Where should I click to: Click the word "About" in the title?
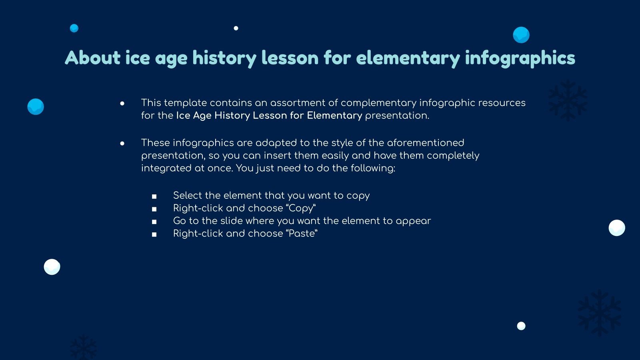click(92, 58)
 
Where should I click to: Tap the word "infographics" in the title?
click(520, 58)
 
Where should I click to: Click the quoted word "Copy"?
click(301, 208)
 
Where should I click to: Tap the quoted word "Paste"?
click(302, 234)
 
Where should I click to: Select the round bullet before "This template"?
click(122, 104)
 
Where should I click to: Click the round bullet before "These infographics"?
click(122, 144)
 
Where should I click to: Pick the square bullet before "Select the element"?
click(154, 196)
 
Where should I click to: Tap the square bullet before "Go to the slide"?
click(154, 222)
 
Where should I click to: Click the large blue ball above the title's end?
click(521, 35)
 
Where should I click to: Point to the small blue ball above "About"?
click(74, 28)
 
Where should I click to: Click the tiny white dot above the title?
click(236, 28)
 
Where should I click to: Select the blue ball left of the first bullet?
click(36, 107)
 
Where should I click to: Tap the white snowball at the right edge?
click(617, 228)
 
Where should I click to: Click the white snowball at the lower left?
click(52, 267)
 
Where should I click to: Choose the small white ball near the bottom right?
click(521, 326)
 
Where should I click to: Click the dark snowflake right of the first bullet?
click(568, 100)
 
